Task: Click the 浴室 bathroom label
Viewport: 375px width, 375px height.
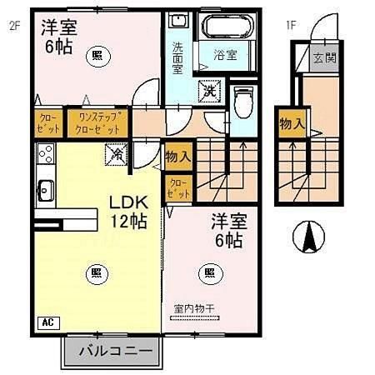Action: [224, 56]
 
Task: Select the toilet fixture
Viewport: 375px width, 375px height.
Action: [242, 102]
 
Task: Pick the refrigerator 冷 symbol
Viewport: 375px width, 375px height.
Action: [117, 153]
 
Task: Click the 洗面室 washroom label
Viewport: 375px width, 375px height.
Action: [178, 58]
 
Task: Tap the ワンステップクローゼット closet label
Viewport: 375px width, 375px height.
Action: [97, 123]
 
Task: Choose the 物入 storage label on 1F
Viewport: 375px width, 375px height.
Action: [291, 124]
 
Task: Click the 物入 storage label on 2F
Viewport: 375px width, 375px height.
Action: [177, 156]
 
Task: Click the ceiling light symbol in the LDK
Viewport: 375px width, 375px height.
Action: [97, 272]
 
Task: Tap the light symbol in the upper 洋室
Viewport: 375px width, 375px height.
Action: [98, 55]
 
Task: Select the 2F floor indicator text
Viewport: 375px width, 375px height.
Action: [14, 25]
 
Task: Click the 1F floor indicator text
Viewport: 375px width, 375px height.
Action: [292, 25]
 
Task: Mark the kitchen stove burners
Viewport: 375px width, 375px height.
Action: [45, 153]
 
